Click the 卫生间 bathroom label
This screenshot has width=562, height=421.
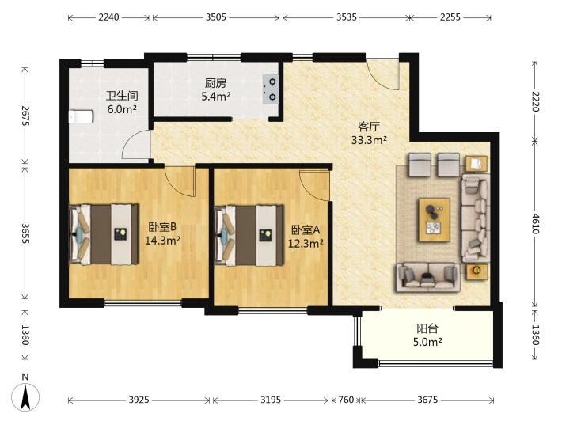coord(122,96)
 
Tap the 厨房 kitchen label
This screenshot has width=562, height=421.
coord(216,83)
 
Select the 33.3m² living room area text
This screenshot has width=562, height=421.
coord(369,140)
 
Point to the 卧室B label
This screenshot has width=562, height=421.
coord(162,227)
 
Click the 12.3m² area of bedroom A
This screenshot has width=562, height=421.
coord(306,244)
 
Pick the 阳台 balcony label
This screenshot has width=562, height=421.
coord(427,328)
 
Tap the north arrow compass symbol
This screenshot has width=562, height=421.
coord(25,393)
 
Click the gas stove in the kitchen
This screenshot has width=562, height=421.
coord(270,89)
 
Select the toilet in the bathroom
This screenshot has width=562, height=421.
coord(81,116)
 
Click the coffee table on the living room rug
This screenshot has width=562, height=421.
coord(435,220)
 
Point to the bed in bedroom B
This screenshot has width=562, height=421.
coord(104,234)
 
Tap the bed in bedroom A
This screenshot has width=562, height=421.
coord(249,235)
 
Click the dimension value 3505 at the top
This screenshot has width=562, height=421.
coord(216,17)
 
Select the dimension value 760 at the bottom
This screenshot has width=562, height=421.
coord(346,400)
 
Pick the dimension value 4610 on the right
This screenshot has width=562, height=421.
coord(535,224)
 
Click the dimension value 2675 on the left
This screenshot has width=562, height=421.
coord(25,116)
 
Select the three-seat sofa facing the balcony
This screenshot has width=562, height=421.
coord(427,277)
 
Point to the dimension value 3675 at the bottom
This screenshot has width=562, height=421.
coord(427,400)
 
